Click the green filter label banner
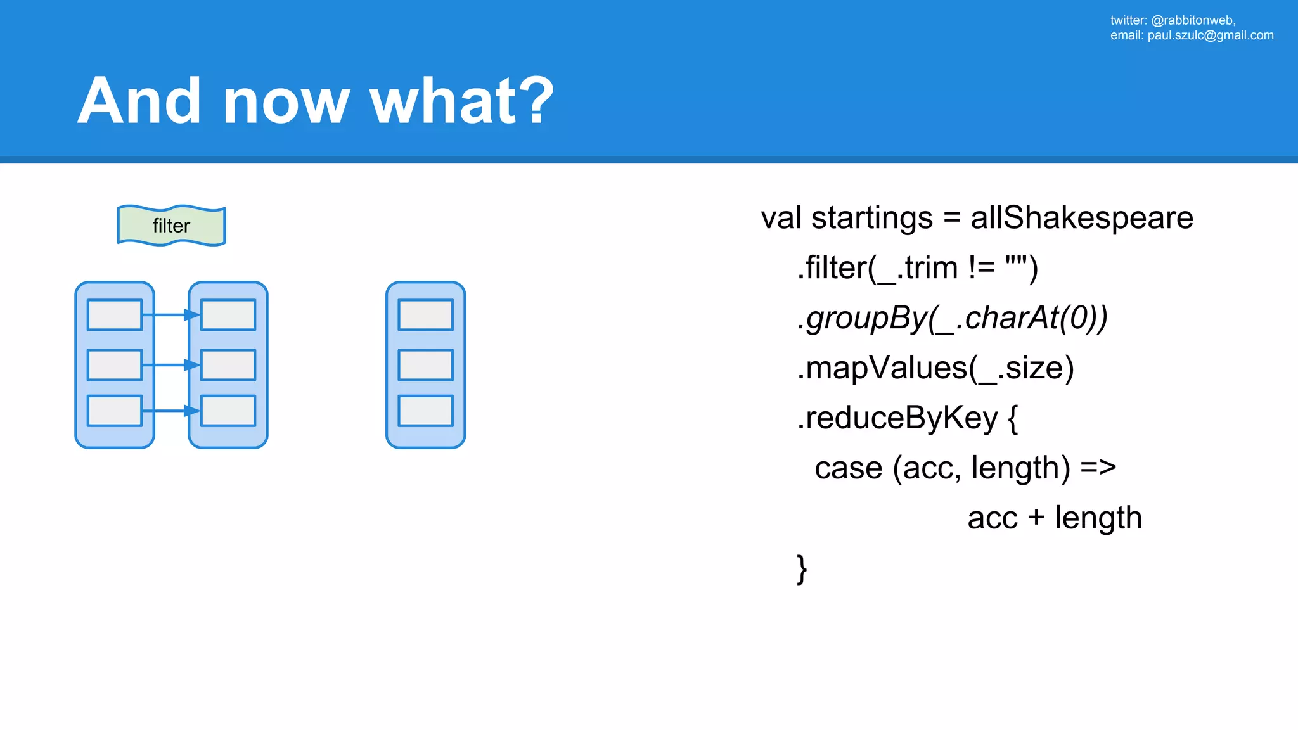(x=171, y=226)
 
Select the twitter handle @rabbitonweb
(x=1192, y=20)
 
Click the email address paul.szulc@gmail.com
(x=1210, y=35)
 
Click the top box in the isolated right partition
(x=425, y=315)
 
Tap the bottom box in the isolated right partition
(x=425, y=411)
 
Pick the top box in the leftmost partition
(x=115, y=315)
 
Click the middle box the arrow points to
(x=228, y=365)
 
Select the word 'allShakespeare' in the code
(x=1081, y=218)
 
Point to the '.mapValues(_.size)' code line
(x=935, y=368)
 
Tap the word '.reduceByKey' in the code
(x=897, y=418)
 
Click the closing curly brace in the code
(x=802, y=569)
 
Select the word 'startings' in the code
(x=872, y=218)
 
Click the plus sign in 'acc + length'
(x=1036, y=518)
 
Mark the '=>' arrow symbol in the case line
(x=1098, y=468)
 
